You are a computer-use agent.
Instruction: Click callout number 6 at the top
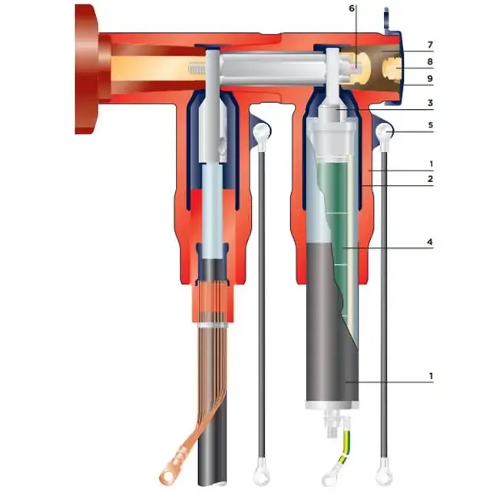pyautogui.click(x=352, y=8)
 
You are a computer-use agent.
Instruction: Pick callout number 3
pyautogui.click(x=431, y=104)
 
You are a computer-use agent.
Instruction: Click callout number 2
pyautogui.click(x=431, y=179)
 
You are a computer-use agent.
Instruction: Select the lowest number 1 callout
pyautogui.click(x=431, y=376)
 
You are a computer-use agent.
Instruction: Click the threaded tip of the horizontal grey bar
pyautogui.click(x=195, y=69)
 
